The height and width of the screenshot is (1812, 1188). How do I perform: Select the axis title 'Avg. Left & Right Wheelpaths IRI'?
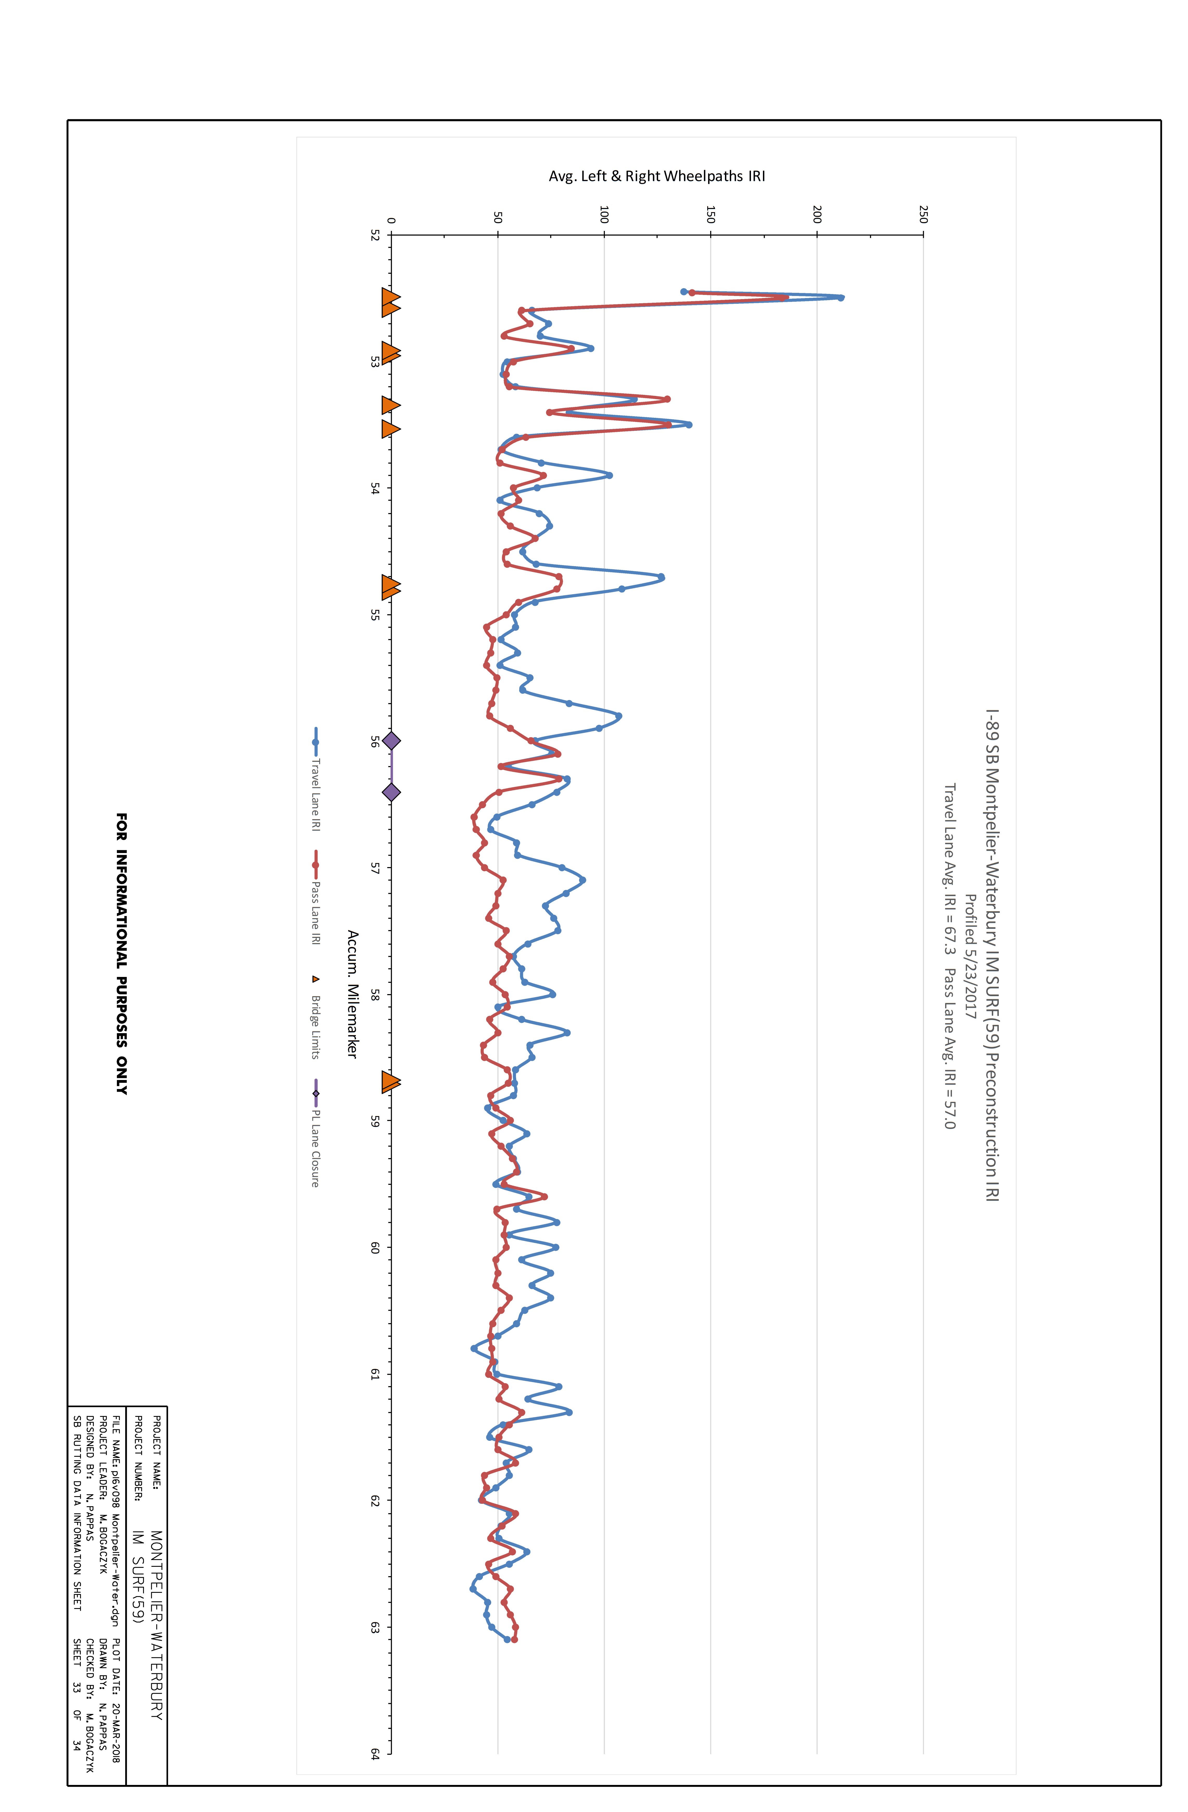pos(656,176)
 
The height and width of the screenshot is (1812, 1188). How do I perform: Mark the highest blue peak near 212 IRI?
pos(841,298)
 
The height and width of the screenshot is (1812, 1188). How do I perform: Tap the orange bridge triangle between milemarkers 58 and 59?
pos(391,1082)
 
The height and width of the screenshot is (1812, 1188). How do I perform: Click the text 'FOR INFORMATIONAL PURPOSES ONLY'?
pos(122,953)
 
